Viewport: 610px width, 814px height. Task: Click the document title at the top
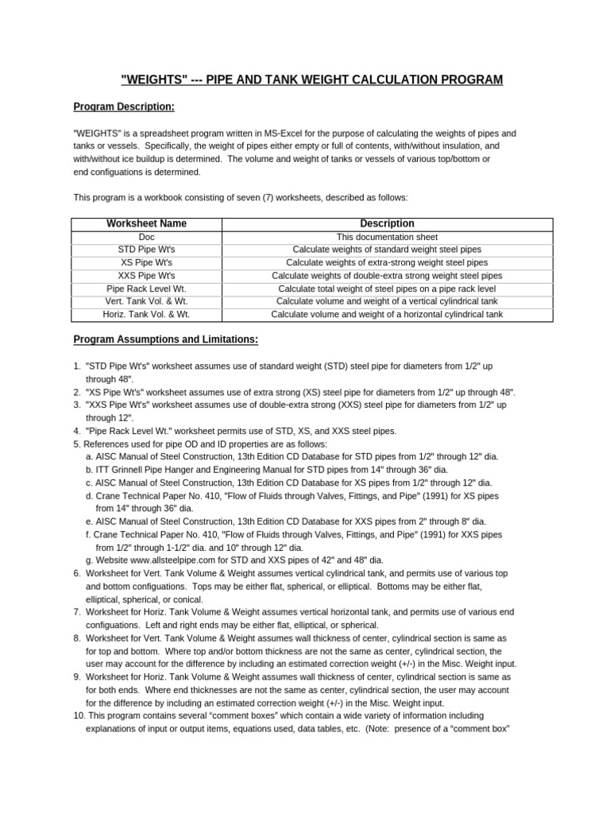(311, 79)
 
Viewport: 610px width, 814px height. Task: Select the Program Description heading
(124, 107)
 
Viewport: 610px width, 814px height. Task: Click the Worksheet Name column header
(146, 223)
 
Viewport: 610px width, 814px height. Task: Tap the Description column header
(387, 223)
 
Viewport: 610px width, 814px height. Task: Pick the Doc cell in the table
(146, 237)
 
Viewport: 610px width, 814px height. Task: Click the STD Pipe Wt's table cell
(146, 250)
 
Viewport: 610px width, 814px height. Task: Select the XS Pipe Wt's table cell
(146, 262)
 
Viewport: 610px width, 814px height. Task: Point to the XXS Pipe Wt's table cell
(146, 276)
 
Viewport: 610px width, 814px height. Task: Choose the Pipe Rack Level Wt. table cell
(146, 289)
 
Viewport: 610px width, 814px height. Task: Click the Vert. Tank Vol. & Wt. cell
(146, 301)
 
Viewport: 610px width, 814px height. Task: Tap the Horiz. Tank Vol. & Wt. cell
(146, 315)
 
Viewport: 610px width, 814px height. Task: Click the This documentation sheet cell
(387, 237)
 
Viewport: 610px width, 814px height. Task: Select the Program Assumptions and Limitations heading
(165, 339)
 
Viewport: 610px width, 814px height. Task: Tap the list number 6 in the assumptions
(77, 573)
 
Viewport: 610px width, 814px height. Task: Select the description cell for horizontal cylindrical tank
(387, 315)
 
